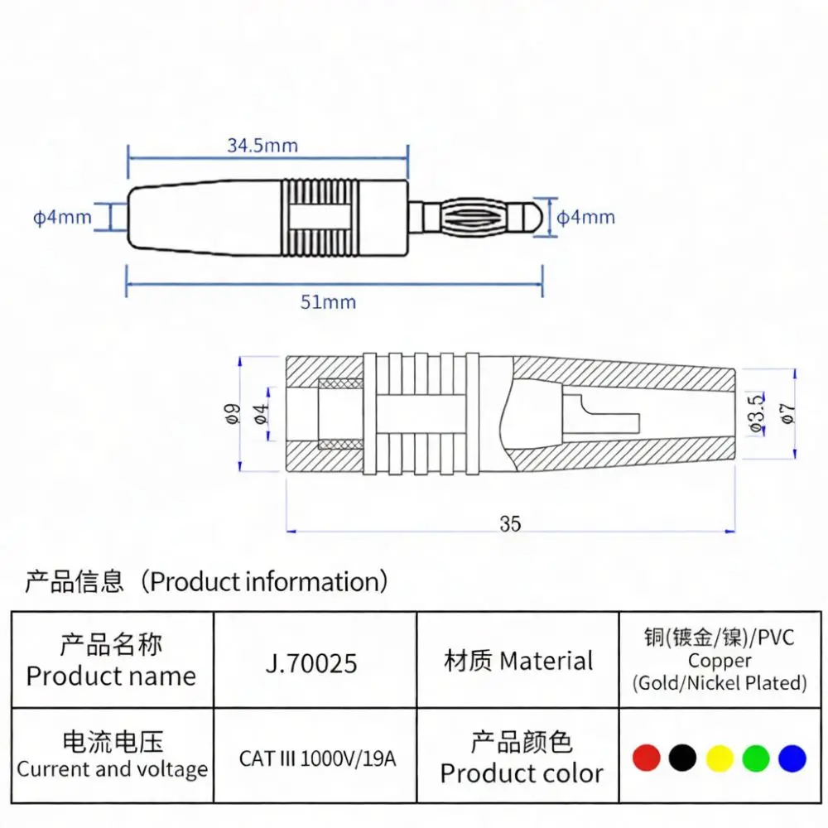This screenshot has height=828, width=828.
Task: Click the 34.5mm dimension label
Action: (x=262, y=145)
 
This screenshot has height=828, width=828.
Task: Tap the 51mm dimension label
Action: (x=328, y=302)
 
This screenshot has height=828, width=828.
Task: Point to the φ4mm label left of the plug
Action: (x=62, y=217)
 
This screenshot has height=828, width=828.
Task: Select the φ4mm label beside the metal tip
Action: (x=585, y=217)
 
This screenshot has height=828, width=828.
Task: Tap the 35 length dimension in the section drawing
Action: (x=510, y=524)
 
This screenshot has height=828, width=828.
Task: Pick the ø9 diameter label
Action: (x=233, y=413)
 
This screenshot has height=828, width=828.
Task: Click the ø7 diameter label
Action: (x=787, y=413)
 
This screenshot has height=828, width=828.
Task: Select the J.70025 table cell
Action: (x=311, y=662)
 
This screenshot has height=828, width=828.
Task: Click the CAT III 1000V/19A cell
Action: (x=317, y=758)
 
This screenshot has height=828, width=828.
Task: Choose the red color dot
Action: (x=647, y=758)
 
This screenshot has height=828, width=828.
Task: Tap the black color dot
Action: (x=682, y=758)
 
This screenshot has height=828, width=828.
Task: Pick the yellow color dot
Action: (x=720, y=758)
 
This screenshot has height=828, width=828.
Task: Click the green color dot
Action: (x=756, y=758)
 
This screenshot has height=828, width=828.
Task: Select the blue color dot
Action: (x=792, y=758)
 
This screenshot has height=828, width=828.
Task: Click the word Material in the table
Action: (x=546, y=661)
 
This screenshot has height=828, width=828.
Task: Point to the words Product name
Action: (x=111, y=676)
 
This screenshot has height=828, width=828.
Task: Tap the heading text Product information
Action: (x=265, y=581)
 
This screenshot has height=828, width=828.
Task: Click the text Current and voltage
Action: (x=112, y=769)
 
